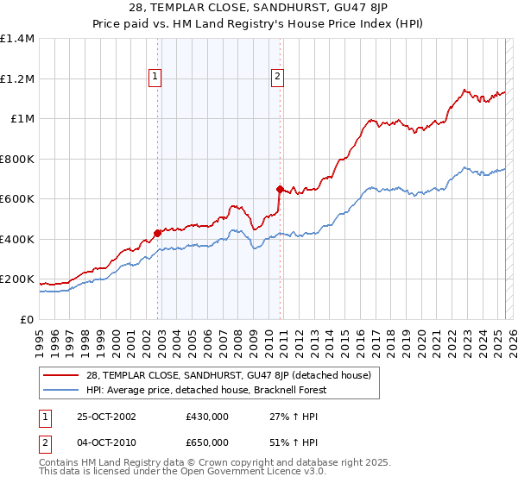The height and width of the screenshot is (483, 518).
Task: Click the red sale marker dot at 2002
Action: tap(158, 233)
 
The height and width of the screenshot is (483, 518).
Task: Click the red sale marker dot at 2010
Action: tap(280, 189)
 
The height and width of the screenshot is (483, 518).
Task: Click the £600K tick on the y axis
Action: tap(17, 199)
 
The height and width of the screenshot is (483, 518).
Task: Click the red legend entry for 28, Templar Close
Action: tap(229, 375)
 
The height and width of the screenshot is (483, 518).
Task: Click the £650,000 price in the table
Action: tap(207, 442)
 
